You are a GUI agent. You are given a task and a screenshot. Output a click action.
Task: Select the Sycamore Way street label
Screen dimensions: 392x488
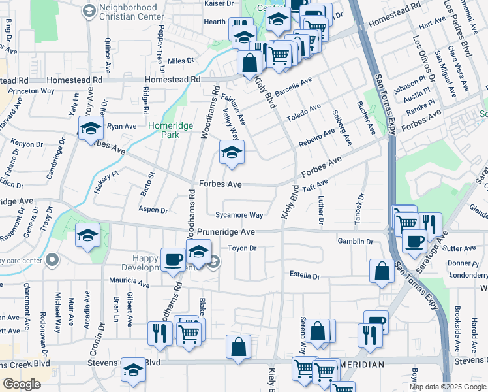[240, 215]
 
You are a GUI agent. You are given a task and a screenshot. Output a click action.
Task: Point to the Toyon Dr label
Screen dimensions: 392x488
[242, 248]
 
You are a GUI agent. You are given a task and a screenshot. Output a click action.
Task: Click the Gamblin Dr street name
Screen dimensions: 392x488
[355, 242]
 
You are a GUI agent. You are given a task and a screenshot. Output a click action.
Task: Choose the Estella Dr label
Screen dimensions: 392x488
[304, 276]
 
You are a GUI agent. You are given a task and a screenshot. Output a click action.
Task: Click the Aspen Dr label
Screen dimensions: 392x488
[153, 210]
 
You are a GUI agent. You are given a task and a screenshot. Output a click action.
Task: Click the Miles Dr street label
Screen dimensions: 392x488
[181, 61]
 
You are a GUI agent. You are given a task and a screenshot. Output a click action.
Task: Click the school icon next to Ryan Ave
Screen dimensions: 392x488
[90, 127]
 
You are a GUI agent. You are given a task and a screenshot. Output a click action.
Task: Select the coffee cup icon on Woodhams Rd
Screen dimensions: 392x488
[173, 260]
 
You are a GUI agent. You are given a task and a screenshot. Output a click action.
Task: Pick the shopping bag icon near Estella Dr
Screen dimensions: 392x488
[382, 270]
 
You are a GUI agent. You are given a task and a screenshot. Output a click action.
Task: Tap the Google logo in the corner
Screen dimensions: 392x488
[22, 384]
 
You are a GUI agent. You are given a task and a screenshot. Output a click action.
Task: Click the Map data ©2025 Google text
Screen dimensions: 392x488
[448, 387]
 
